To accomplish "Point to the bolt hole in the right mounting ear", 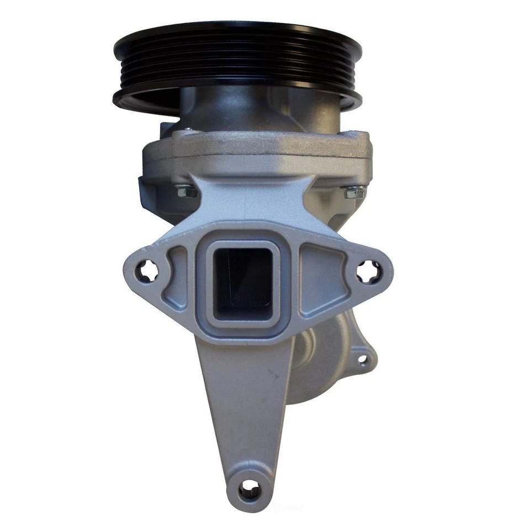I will (x=365, y=272).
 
